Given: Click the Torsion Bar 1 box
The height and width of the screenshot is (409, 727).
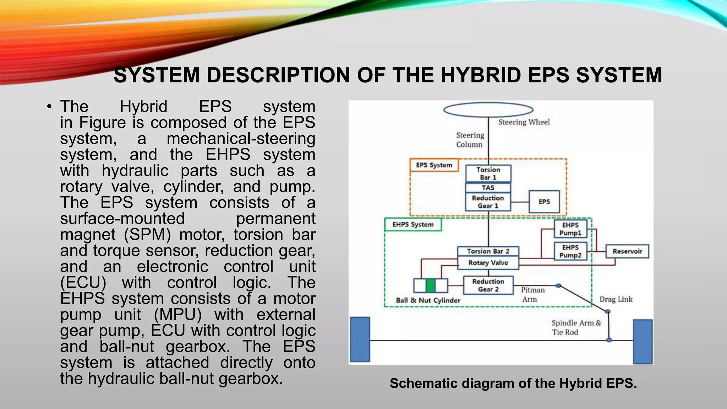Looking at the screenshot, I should pyautogui.click(x=488, y=174).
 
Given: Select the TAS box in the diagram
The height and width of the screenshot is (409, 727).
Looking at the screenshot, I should pyautogui.click(x=488, y=188).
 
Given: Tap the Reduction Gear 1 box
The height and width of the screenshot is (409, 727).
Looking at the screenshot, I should pyautogui.click(x=488, y=202).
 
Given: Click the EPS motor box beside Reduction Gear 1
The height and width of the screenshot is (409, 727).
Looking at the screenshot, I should pyautogui.click(x=544, y=202).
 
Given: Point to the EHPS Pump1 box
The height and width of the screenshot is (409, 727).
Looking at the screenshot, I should pyautogui.click(x=570, y=229).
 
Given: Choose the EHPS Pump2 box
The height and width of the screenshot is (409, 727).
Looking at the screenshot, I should pyautogui.click(x=570, y=251).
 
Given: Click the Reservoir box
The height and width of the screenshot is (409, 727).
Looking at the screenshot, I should pyautogui.click(x=627, y=251).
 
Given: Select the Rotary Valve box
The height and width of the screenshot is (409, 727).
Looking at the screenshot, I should pyautogui.click(x=488, y=263).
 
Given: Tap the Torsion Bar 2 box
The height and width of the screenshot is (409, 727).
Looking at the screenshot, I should pyautogui.click(x=488, y=251).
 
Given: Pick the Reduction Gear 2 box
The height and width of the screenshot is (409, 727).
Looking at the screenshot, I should pyautogui.click(x=488, y=285).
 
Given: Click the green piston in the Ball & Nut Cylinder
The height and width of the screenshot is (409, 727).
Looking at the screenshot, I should pyautogui.click(x=431, y=285).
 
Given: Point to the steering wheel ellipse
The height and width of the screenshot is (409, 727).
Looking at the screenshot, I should pyautogui.click(x=488, y=110).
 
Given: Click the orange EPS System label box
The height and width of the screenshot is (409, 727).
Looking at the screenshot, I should pyautogui.click(x=434, y=165).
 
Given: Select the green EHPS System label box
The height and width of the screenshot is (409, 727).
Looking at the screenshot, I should pyautogui.click(x=413, y=225).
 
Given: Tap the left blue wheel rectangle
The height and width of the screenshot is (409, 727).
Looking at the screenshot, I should pyautogui.click(x=360, y=339).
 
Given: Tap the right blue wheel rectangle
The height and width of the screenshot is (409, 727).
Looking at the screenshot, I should pyautogui.click(x=643, y=342).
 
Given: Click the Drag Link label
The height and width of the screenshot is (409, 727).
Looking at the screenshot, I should pyautogui.click(x=616, y=299).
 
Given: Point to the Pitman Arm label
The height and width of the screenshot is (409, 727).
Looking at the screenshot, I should pyautogui.click(x=532, y=295).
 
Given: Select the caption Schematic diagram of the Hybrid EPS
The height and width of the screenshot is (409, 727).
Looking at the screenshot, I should pyautogui.click(x=513, y=383).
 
